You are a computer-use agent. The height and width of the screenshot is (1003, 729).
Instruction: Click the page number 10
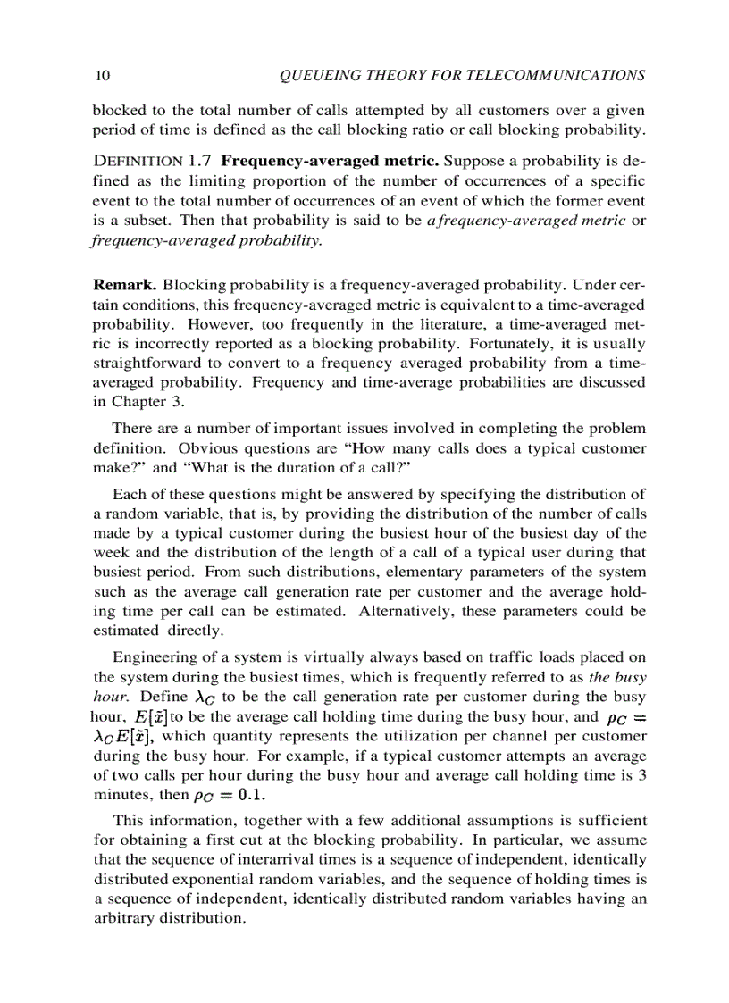(x=101, y=76)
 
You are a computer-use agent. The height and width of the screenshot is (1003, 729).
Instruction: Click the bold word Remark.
(x=125, y=285)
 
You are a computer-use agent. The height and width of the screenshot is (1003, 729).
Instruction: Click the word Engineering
(x=153, y=658)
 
